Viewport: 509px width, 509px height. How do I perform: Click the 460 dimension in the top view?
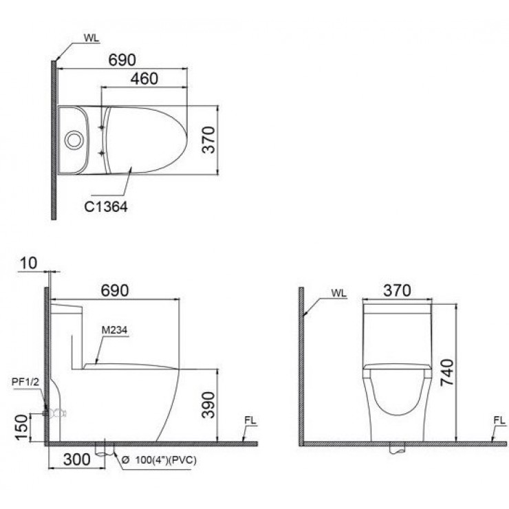[x=144, y=78]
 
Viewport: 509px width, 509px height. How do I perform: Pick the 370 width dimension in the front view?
[x=397, y=290]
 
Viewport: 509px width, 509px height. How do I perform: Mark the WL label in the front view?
[x=338, y=292]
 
